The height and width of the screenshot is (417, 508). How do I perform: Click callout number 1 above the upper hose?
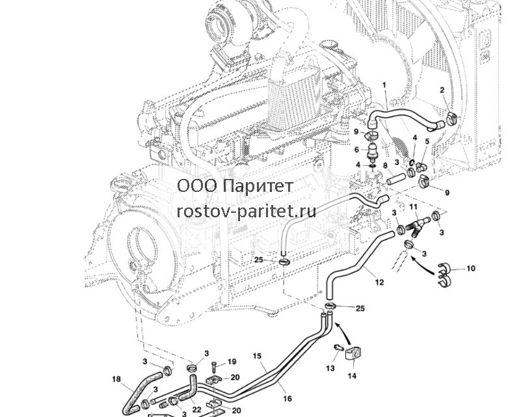pyautogui.click(x=384, y=85)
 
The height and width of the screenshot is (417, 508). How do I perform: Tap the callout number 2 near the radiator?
pyautogui.click(x=442, y=91)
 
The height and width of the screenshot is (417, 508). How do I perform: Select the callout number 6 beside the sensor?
pyautogui.click(x=356, y=150)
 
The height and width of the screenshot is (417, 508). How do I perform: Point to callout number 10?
pyautogui.click(x=471, y=268)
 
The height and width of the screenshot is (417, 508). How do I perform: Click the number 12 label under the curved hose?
pyautogui.click(x=379, y=282)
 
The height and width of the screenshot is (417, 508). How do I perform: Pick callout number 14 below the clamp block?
pyautogui.click(x=352, y=376)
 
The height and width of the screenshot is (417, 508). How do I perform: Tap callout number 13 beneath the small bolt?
pyautogui.click(x=330, y=368)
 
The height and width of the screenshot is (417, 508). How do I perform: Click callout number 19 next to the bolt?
pyautogui.click(x=232, y=362)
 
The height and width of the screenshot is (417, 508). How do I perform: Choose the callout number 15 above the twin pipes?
pyautogui.click(x=257, y=356)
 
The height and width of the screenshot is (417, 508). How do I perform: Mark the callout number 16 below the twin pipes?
pyautogui.click(x=287, y=398)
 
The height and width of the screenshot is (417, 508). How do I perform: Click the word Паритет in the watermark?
pyautogui.click(x=258, y=186)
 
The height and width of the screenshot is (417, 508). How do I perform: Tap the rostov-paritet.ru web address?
pyautogui.click(x=247, y=212)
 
